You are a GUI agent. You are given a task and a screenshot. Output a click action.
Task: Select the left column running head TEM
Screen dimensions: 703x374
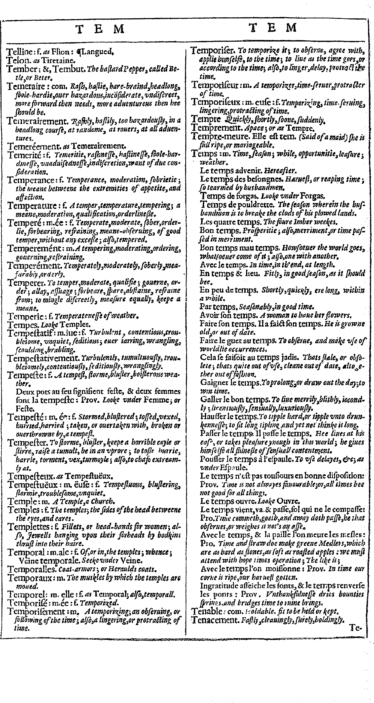tap(100, 29)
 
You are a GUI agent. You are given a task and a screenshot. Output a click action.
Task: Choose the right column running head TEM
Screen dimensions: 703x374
tap(273, 28)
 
